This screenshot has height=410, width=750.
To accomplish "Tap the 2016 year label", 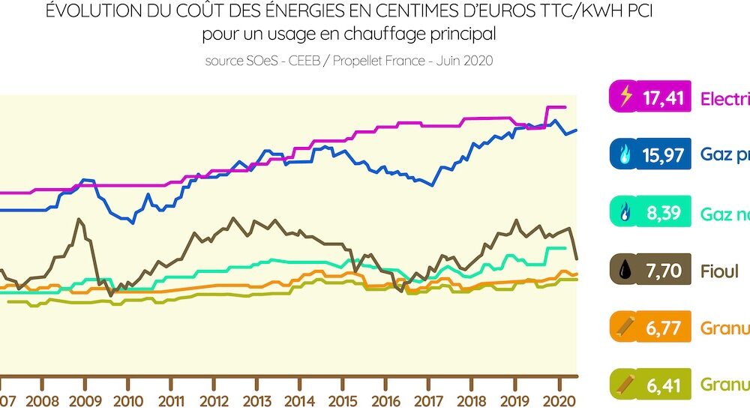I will pyautogui.click(x=386, y=400).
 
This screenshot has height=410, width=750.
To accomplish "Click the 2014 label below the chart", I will pyautogui.click(x=300, y=400).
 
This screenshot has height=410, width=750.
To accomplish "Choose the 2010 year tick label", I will pyautogui.click(x=128, y=400).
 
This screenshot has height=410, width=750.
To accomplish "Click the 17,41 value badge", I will pyautogui.click(x=663, y=98).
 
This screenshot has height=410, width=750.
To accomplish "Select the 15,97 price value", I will pyautogui.click(x=663, y=155).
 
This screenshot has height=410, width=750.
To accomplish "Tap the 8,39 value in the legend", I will pyautogui.click(x=663, y=213).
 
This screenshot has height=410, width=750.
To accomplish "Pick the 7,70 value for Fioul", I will pyautogui.click(x=663, y=271).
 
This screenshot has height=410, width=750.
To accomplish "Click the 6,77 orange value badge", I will pyautogui.click(x=663, y=328).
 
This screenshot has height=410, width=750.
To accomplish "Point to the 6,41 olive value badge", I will pyautogui.click(x=663, y=385).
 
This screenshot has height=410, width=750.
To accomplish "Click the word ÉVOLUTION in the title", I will pyautogui.click(x=91, y=13).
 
